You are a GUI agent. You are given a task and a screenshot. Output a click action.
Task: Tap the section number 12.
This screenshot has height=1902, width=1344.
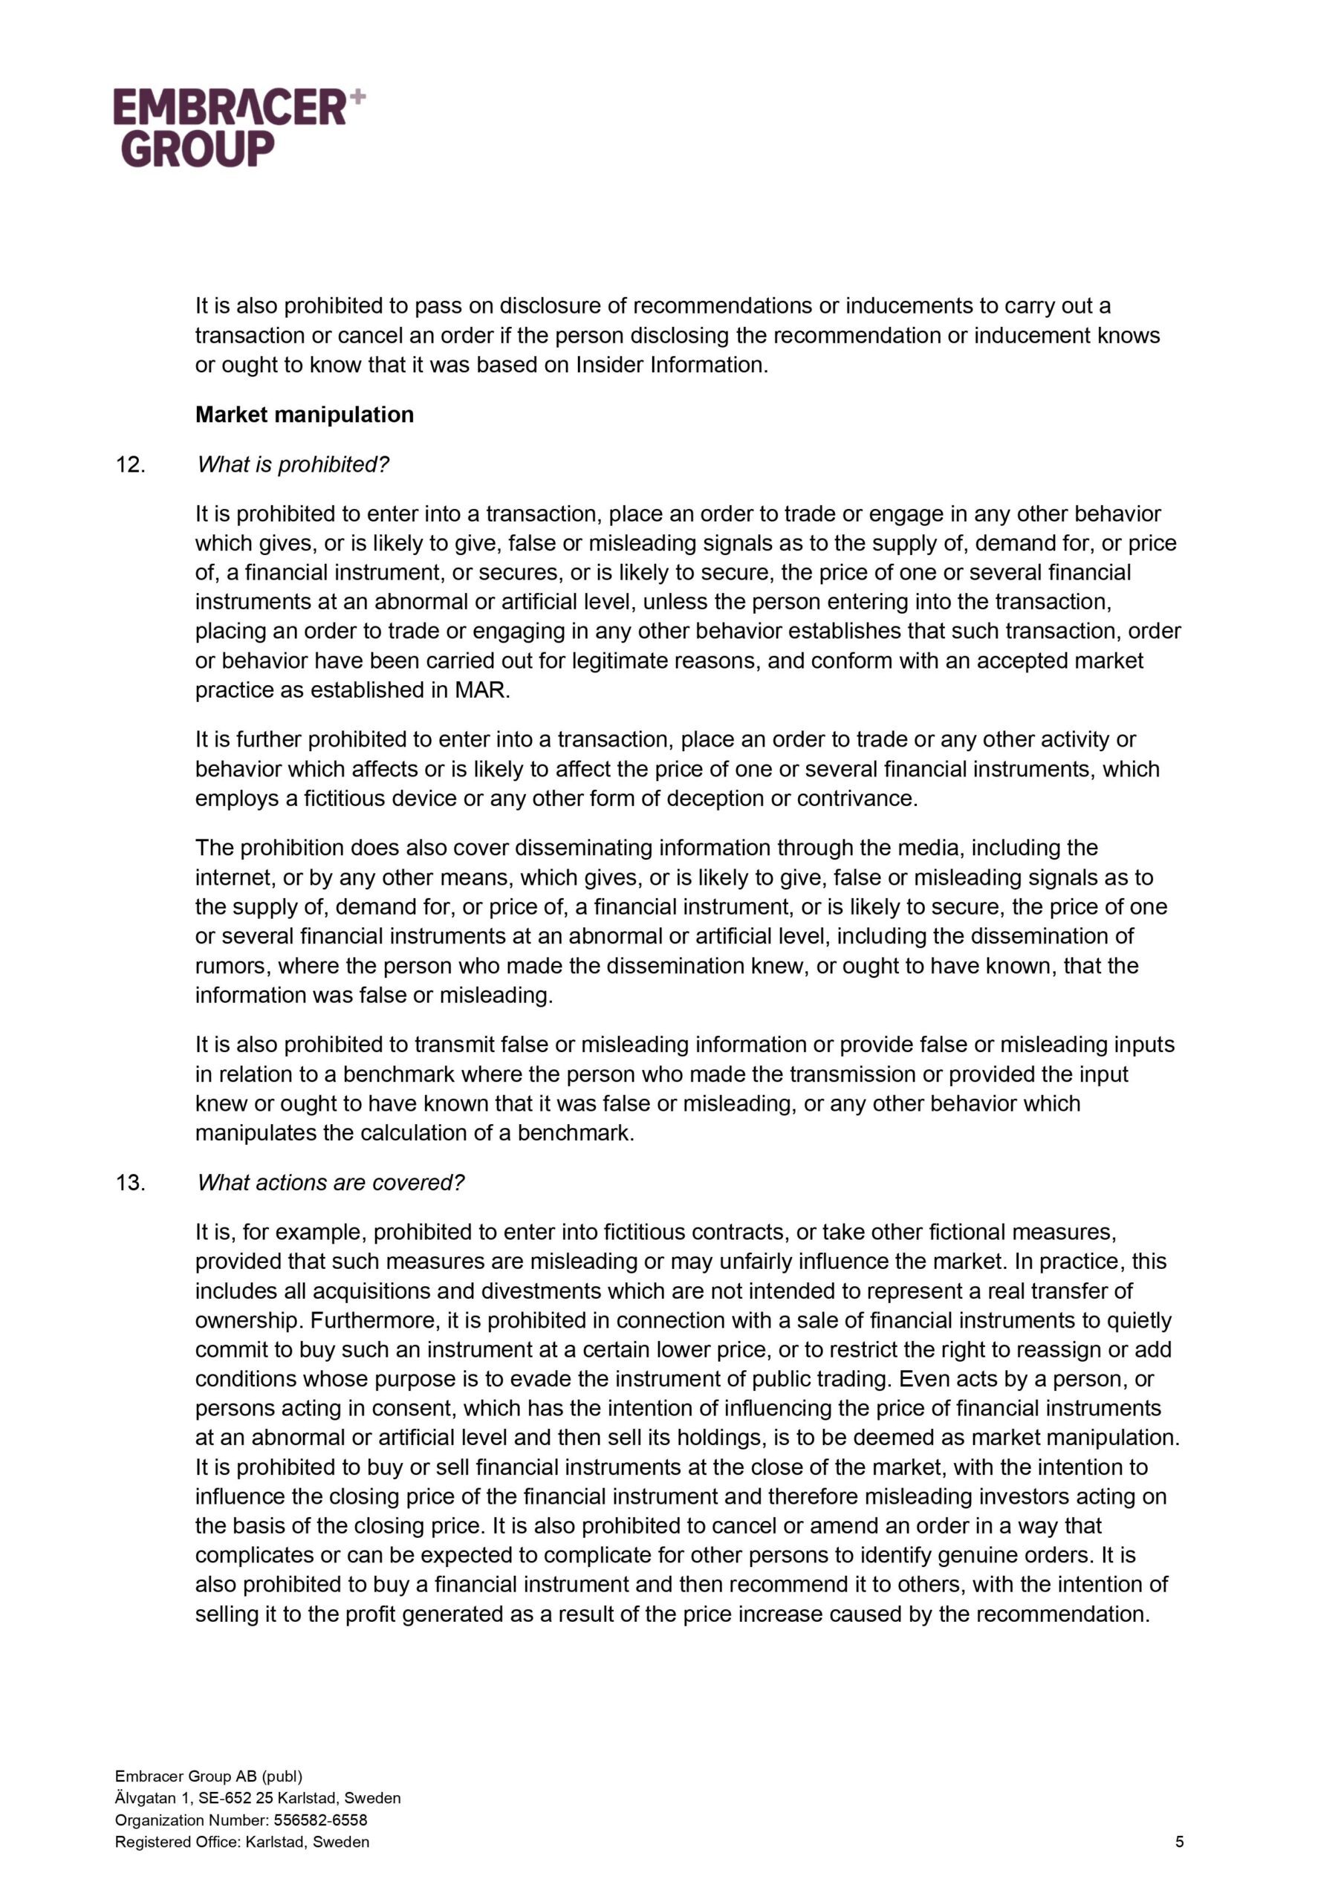pyautogui.click(x=130, y=465)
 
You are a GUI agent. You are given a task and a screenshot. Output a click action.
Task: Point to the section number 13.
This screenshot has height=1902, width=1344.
pyautogui.click(x=130, y=1183)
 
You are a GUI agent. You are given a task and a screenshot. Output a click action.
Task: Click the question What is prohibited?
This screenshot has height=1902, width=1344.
pyautogui.click(x=293, y=465)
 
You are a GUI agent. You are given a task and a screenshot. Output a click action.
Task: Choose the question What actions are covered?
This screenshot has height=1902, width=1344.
pyautogui.click(x=331, y=1183)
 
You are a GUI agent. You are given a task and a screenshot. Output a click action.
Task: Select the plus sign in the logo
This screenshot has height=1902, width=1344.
pyautogui.click(x=357, y=97)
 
